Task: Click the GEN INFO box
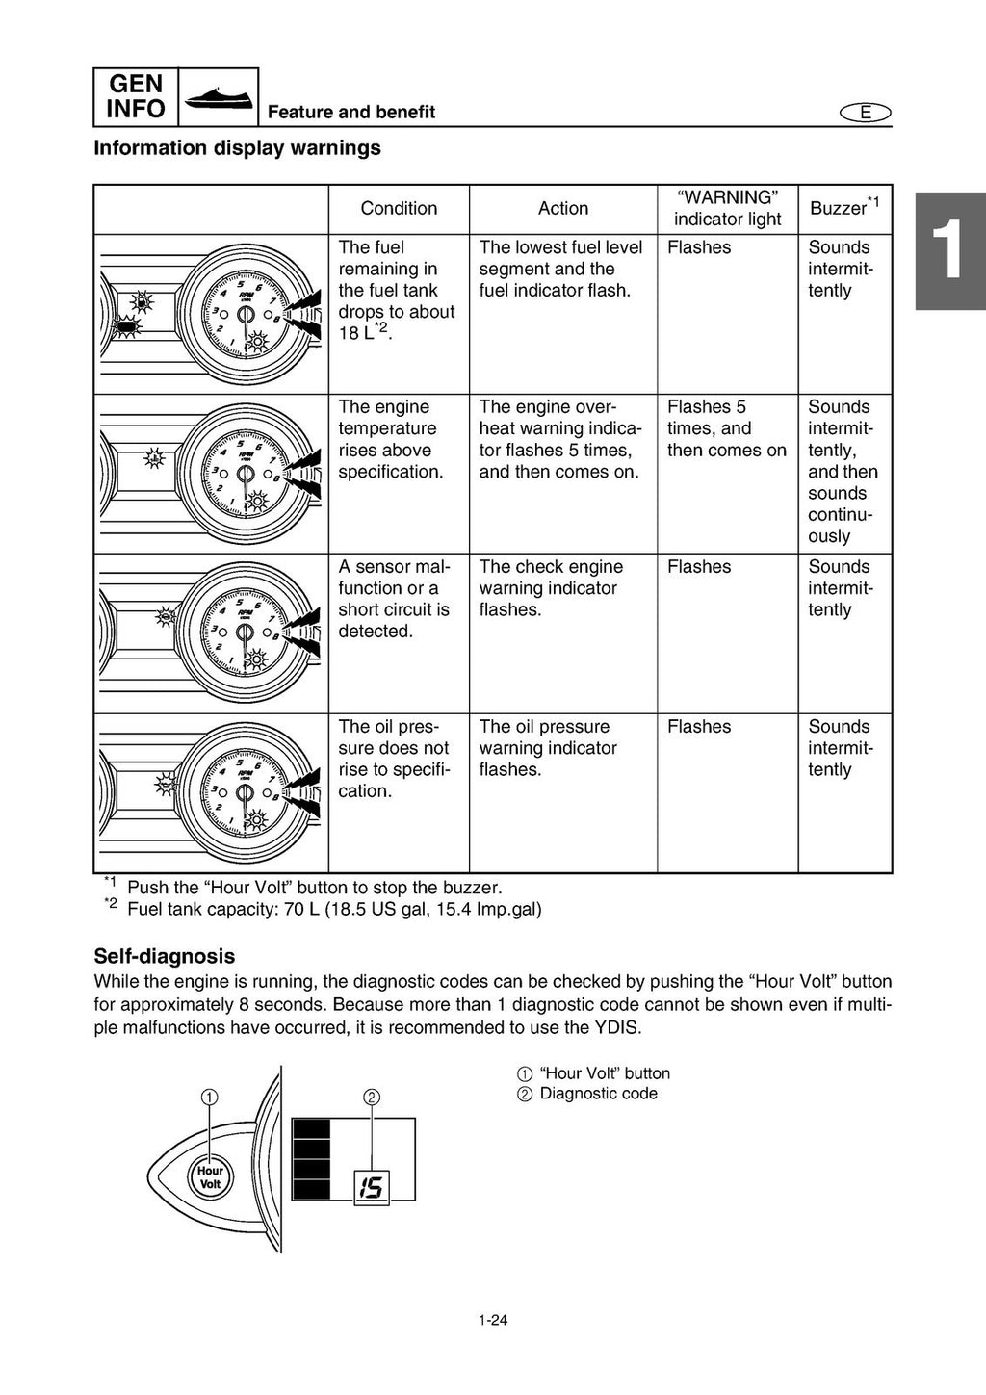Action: [136, 96]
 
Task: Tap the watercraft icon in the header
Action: [219, 96]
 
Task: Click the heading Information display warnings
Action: [237, 148]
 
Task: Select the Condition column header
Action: [399, 208]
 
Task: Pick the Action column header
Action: [563, 208]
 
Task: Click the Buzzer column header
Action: [843, 207]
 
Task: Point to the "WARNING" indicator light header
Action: [727, 208]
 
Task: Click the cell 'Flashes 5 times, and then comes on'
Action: [726, 428]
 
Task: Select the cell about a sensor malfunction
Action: [394, 599]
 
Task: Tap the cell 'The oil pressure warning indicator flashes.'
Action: [548, 748]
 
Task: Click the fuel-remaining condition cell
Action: [396, 290]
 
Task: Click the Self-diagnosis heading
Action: [164, 956]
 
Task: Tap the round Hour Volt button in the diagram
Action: [210, 1176]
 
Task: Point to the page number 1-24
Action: [493, 1320]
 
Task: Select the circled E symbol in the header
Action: [865, 113]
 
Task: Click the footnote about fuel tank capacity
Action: [333, 909]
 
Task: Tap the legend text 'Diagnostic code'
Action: [598, 1094]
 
